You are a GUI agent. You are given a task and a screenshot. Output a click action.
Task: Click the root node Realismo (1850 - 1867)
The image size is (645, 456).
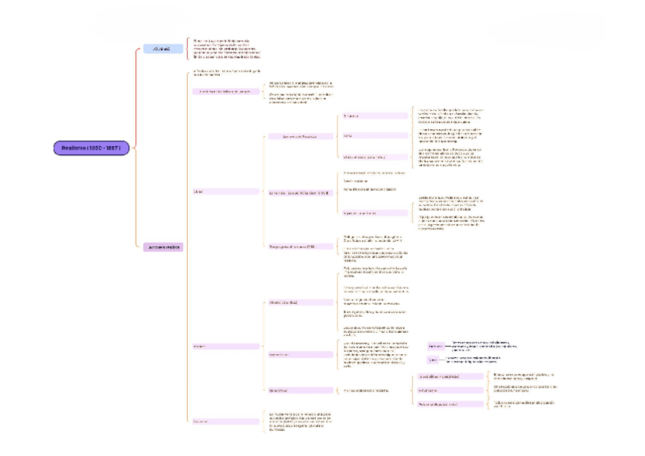tap(91, 147)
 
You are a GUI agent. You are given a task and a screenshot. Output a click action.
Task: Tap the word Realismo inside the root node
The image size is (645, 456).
tap(77, 147)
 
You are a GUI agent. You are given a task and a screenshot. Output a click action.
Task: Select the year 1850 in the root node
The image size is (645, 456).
tap(97, 147)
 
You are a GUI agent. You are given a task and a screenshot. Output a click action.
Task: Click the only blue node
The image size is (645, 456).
tap(163, 49)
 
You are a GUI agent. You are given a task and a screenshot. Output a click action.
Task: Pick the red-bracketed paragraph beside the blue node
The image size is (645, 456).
tap(227, 49)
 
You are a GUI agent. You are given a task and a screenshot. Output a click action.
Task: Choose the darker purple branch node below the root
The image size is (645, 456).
tap(163, 247)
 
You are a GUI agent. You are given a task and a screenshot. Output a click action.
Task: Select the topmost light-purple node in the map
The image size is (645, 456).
tap(224, 91)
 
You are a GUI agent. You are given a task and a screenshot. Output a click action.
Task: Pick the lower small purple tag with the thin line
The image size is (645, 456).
tap(434, 360)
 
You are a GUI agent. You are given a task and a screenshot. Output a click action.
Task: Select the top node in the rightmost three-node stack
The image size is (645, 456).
tap(450, 376)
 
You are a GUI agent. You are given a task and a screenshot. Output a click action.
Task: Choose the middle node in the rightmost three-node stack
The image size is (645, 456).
tap(450, 390)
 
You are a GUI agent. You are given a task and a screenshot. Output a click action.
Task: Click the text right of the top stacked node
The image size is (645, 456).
tap(524, 376)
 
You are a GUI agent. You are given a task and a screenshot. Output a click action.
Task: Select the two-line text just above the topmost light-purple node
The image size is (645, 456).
tap(225, 74)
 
